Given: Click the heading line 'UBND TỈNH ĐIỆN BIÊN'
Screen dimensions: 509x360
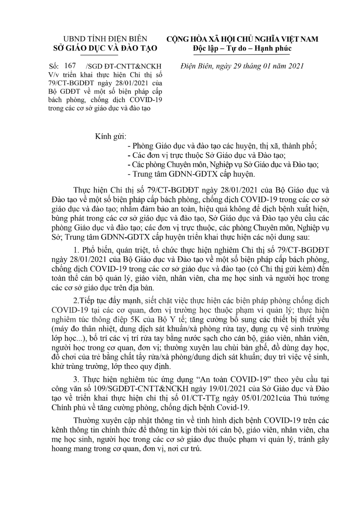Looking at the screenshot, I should [106, 39].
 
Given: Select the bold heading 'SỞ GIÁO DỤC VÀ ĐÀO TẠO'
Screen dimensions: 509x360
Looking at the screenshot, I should [106, 48].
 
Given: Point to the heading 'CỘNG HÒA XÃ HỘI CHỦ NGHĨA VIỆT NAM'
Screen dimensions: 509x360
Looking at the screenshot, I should [242, 39].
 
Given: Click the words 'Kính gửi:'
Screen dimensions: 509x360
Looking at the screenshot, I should [111, 137].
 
